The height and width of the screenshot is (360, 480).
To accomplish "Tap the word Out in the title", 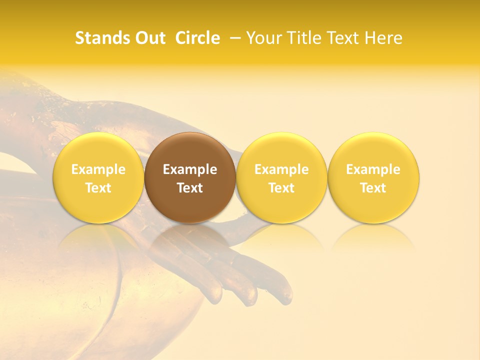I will [x=149, y=38].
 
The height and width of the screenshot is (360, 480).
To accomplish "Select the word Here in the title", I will [x=382, y=38].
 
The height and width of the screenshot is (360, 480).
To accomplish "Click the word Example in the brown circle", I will [x=190, y=169].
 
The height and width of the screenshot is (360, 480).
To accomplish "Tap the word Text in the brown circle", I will [x=190, y=188].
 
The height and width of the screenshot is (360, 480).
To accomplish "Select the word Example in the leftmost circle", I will [x=98, y=169].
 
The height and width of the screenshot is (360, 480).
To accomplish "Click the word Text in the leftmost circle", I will [x=98, y=188].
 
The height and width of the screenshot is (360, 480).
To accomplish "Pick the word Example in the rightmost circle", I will [x=373, y=169].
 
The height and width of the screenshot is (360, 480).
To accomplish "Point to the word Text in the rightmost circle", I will [x=373, y=188].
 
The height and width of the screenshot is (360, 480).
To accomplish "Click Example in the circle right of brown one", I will [x=281, y=169].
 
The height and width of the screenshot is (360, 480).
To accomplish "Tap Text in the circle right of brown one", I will [x=281, y=188].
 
